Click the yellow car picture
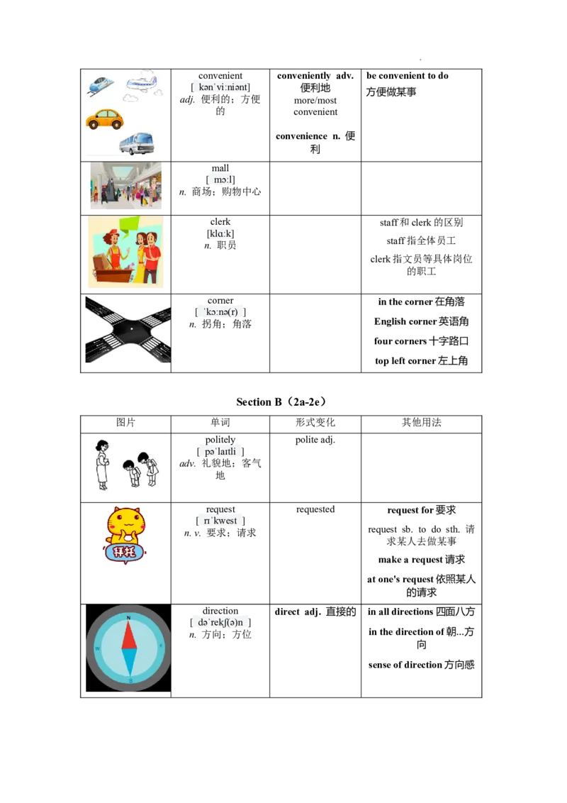coord(105,119)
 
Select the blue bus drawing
coord(137,143)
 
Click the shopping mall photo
coord(126,185)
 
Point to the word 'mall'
coord(220,168)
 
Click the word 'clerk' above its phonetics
coord(220,222)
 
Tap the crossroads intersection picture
coord(128,329)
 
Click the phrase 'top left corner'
coord(405,360)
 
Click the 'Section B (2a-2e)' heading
coord(281,402)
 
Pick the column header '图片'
coord(125,423)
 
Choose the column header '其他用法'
coord(421,423)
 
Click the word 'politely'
coord(220,440)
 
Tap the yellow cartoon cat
coord(125,535)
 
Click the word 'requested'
coord(315,509)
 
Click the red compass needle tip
coord(128,621)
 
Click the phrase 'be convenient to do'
coord(408,76)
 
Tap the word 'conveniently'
coord(304,76)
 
